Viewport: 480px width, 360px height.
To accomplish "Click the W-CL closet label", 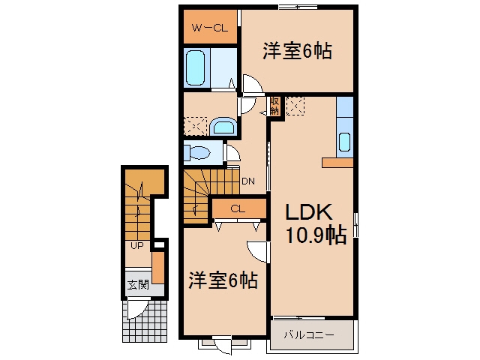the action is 210,28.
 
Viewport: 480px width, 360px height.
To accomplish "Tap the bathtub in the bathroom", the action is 195,68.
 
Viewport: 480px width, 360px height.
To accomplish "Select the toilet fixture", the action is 197,152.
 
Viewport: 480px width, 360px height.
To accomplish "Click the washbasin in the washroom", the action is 223,127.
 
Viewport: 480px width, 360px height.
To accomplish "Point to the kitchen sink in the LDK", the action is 345,142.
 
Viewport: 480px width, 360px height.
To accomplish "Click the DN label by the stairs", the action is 248,181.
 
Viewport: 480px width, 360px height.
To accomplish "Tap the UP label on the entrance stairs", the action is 136,245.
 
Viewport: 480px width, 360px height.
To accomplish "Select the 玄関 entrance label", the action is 138,285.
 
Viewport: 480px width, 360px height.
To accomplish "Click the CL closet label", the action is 238,208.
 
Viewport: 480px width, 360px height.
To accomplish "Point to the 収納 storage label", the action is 274,106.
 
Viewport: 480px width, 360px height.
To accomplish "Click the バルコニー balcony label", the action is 309,335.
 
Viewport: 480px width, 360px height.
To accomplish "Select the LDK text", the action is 308,211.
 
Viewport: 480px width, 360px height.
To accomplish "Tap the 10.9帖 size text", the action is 316,235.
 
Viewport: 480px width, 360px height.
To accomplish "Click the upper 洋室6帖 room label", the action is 297,51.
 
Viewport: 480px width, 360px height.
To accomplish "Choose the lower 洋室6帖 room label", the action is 223,280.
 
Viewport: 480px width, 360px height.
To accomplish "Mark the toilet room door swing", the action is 233,153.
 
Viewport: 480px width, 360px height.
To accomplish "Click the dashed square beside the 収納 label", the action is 295,106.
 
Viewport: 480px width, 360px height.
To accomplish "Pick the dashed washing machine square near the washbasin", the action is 195,126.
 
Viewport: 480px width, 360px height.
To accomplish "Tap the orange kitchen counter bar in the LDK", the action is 337,163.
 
